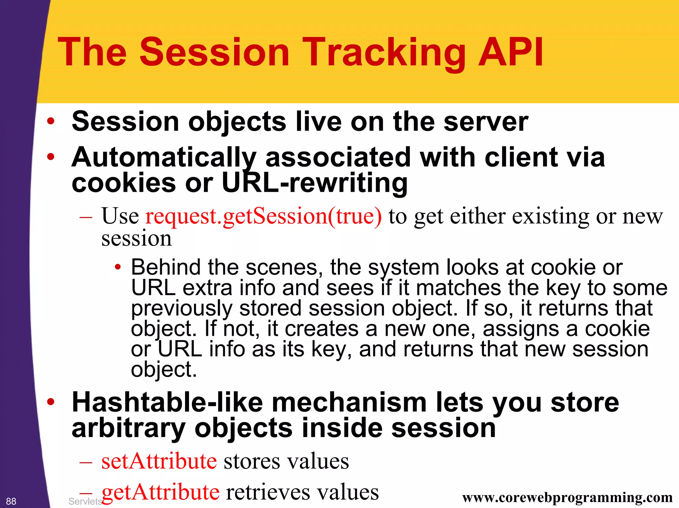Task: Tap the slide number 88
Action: [11, 501]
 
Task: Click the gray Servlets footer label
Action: [85, 501]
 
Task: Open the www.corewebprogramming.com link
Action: [567, 497]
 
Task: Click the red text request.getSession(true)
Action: [264, 216]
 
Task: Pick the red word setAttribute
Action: [159, 461]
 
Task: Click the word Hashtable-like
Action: [167, 402]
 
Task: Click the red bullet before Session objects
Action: [50, 121]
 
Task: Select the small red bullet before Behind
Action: [117, 267]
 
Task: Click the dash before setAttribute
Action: [86, 462]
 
